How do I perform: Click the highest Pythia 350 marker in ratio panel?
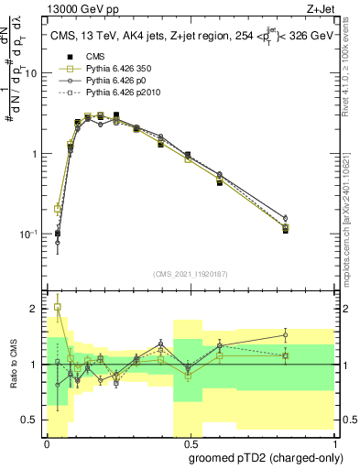pos(58,308)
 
